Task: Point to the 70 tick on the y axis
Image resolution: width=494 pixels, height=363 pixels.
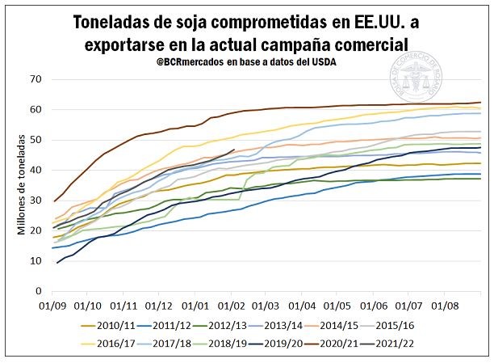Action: click(x=34, y=79)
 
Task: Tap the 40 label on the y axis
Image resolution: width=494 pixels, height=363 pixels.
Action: click(x=34, y=170)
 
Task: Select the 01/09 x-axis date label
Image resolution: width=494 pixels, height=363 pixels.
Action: click(x=53, y=305)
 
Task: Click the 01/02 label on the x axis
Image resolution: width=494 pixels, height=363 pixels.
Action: click(x=232, y=305)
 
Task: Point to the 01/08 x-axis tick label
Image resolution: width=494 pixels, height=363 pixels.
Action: click(x=445, y=305)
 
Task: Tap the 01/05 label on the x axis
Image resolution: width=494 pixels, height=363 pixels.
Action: click(x=338, y=305)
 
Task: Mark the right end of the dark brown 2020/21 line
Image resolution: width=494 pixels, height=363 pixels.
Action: click(x=481, y=103)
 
